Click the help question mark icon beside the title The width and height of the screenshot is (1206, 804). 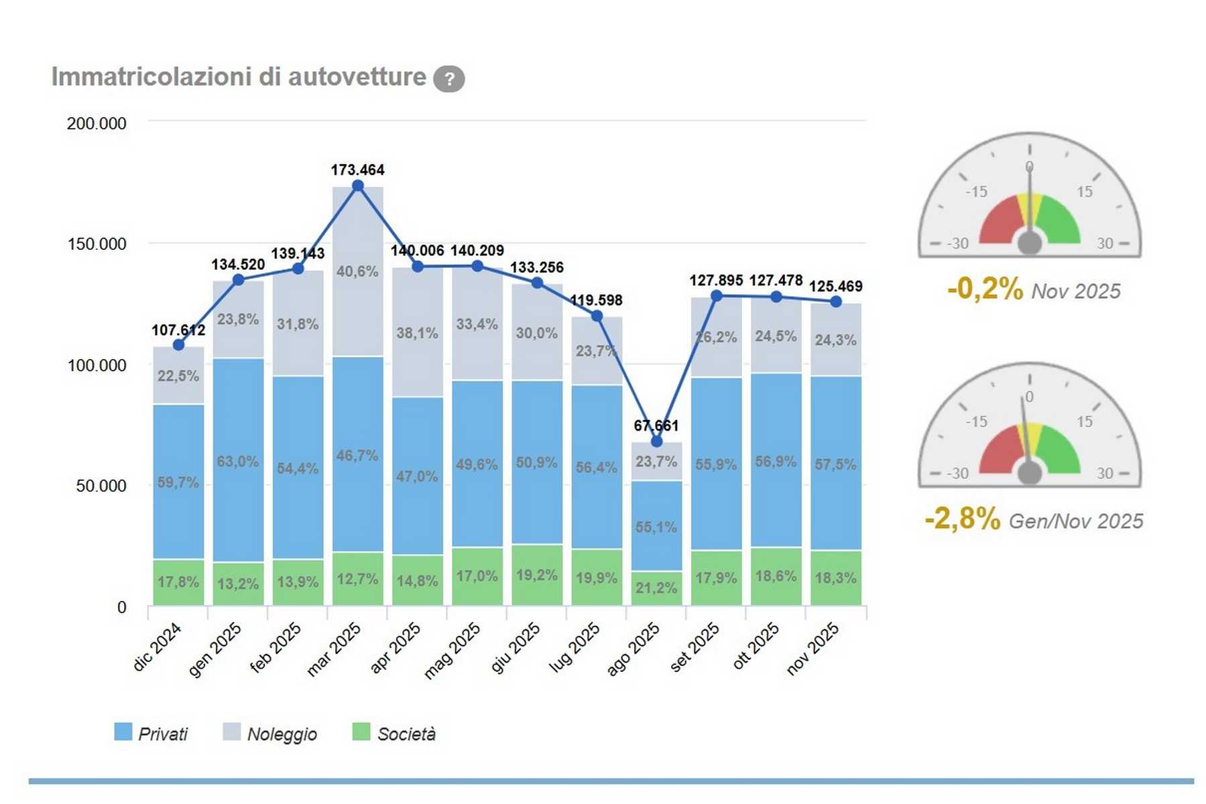click(448, 79)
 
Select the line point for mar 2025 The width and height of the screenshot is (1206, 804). click(358, 186)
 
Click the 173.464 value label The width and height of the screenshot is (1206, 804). click(357, 170)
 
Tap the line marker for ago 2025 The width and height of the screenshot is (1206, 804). click(656, 442)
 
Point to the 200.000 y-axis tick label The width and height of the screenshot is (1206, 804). click(97, 123)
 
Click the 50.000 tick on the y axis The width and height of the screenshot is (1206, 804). click(101, 486)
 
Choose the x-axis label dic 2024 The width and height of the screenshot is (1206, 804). click(158, 646)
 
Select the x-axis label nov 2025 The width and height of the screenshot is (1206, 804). click(812, 647)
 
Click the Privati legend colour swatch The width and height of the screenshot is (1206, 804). click(123, 732)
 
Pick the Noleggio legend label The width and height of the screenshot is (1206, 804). click(282, 734)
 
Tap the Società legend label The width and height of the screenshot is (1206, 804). click(406, 734)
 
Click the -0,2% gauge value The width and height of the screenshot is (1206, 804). click(985, 289)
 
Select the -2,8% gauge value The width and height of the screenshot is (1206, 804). click(962, 519)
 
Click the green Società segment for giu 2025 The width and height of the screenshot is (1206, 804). click(537, 575)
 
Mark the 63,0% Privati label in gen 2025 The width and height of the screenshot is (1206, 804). click(238, 462)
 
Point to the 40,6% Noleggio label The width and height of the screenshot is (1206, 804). click(357, 271)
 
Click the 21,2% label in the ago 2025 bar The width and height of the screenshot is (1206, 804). click(656, 588)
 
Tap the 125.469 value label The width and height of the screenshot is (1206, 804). click(835, 287)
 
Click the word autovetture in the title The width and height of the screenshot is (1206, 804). click(357, 77)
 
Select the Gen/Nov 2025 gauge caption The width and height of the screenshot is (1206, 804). click(1075, 521)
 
